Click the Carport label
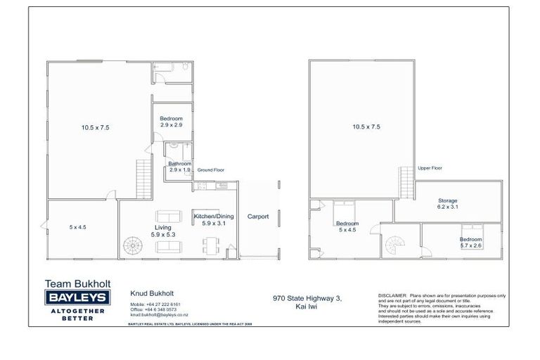258,217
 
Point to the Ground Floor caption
210,170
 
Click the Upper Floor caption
430,169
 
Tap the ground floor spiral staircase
131,245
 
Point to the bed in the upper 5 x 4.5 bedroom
344,209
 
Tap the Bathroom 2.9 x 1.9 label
179,167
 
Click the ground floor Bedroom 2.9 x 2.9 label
171,122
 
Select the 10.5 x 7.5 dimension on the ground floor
95,127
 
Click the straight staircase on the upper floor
406,181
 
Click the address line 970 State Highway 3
307,298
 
